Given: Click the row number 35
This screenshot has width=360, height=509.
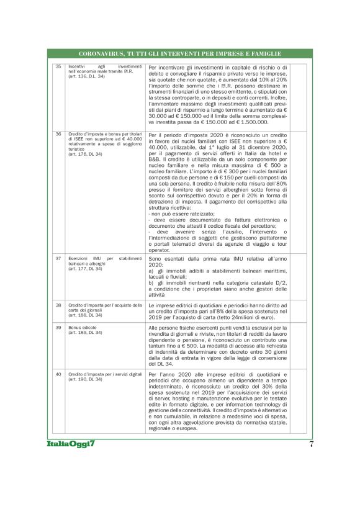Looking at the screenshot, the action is pyautogui.click(x=58, y=66).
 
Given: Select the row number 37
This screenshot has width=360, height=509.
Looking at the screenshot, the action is pyautogui.click(x=58, y=258).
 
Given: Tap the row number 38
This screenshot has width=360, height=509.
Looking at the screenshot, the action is pyautogui.click(x=58, y=305).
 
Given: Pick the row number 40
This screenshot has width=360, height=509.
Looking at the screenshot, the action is pyautogui.click(x=58, y=374).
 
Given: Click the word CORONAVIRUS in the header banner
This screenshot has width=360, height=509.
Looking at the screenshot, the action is pyautogui.click(x=102, y=54).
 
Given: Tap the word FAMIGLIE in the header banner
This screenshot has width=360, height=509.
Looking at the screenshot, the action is pyautogui.click(x=264, y=54).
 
